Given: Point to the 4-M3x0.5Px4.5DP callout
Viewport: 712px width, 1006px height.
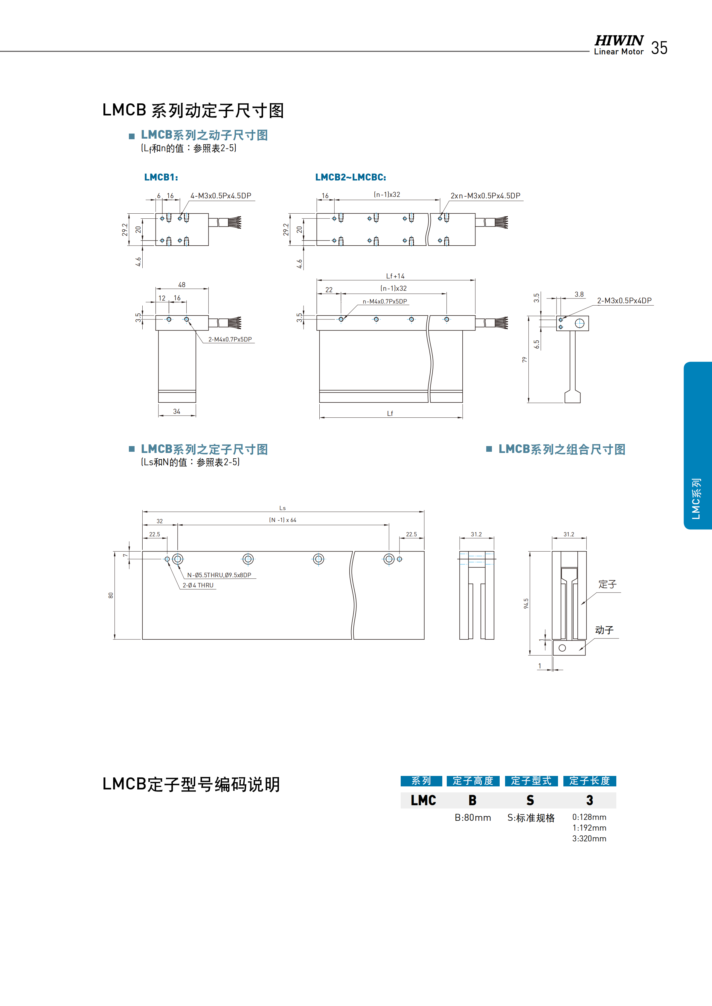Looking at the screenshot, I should (220, 196).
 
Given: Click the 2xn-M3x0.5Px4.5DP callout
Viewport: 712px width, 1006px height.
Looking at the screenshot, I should (485, 196).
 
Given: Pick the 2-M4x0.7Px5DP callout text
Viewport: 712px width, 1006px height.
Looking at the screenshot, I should (230, 339).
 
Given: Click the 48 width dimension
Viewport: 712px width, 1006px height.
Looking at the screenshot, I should (182, 285).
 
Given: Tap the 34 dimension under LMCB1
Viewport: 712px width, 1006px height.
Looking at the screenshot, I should (177, 411).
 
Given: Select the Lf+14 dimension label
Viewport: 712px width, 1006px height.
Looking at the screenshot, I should (395, 276).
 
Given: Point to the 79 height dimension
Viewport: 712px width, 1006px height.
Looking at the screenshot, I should (524, 360).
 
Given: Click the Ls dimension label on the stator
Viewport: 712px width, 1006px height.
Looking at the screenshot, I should (282, 508).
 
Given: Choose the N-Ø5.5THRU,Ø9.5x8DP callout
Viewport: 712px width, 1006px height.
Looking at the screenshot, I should (219, 575).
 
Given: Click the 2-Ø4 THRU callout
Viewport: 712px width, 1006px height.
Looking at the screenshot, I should (198, 585).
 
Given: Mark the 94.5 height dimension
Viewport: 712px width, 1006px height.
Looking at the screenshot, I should (526, 603).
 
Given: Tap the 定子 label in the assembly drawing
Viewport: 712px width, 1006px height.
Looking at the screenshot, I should (607, 584).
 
